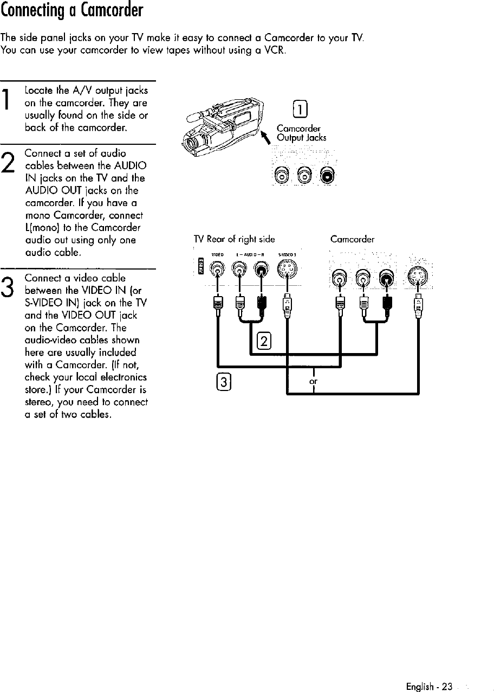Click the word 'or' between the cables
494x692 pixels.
coord(313,381)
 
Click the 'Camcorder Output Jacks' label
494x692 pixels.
coord(301,133)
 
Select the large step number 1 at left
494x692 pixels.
coord(9,104)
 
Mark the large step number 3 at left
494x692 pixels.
coord(9,287)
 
